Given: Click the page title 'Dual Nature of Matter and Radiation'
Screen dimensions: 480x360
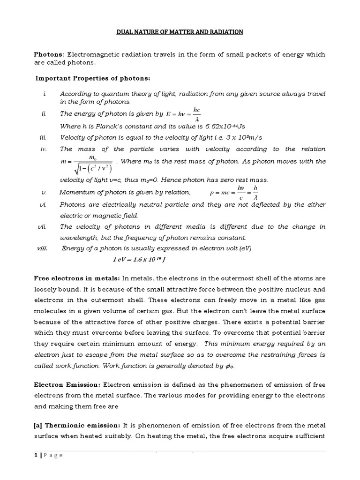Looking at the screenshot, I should point(180,32).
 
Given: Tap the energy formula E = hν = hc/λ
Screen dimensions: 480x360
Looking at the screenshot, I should point(184,114).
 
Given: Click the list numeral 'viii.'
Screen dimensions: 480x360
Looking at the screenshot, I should point(43,248).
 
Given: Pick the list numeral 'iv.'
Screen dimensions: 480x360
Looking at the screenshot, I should point(44,149).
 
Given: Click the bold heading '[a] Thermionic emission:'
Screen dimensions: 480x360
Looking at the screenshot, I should point(77,425).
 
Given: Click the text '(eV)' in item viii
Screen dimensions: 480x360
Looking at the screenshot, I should point(244,248).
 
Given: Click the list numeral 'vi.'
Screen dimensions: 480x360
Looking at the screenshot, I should point(44,205).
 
